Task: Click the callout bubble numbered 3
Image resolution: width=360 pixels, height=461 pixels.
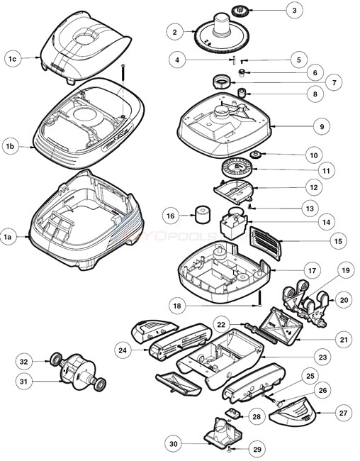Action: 313,10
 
